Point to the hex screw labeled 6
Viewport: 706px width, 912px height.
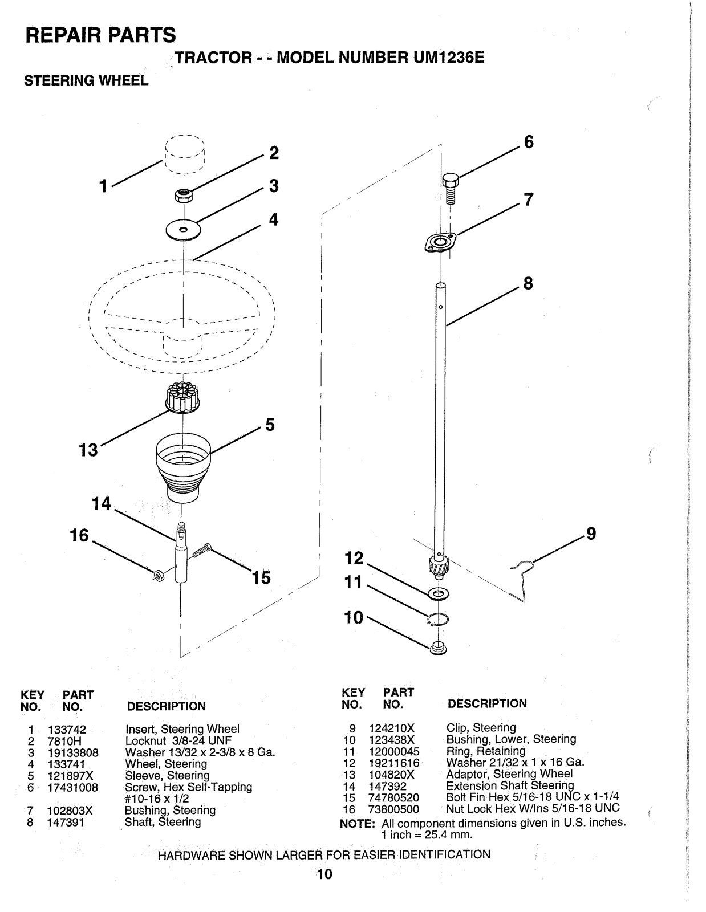[449, 186]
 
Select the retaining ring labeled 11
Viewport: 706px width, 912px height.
[438, 619]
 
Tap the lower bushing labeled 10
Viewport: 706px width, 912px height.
[438, 648]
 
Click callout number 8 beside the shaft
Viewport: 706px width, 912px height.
[528, 283]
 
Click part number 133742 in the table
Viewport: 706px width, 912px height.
[67, 729]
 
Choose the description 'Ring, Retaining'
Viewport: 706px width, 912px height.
[485, 751]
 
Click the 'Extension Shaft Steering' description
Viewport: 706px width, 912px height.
[510, 785]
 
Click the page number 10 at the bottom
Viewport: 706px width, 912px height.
[324, 874]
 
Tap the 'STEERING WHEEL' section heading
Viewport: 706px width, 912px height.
[86, 81]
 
